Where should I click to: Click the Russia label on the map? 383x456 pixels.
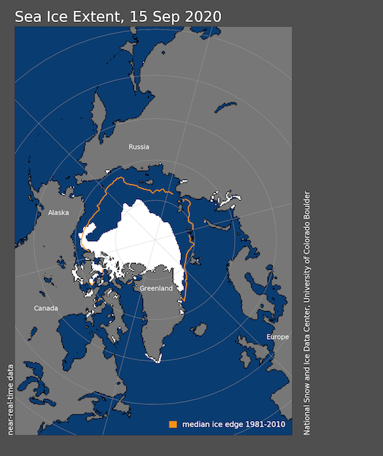point(139,147)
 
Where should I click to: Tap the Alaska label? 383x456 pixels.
point(59,213)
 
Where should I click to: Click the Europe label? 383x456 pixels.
point(277,337)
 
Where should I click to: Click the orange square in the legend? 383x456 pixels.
point(173,424)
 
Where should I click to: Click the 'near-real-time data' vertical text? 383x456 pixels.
point(10,399)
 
